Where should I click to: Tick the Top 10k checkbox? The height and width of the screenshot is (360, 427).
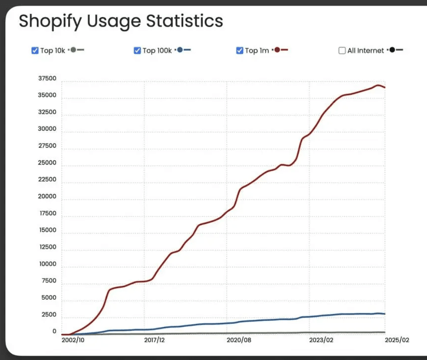point(35,50)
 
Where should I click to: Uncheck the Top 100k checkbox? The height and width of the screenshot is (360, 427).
point(137,50)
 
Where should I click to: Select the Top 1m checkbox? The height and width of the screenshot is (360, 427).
point(240,50)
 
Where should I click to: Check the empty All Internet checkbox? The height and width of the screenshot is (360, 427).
point(342,50)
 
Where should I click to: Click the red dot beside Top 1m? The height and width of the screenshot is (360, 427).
point(277,50)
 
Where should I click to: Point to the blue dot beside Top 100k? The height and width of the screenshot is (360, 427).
point(180,50)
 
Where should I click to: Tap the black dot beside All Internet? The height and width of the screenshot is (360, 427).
point(392,50)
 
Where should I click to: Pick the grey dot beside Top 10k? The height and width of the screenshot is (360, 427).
point(73,50)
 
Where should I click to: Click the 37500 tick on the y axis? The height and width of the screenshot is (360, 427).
point(47,79)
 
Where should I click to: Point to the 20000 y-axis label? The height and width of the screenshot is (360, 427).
point(47,196)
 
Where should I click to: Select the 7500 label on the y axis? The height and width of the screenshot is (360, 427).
point(49,281)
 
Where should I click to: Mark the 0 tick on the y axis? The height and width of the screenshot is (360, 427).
point(54,332)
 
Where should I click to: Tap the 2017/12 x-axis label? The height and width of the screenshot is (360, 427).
point(154,340)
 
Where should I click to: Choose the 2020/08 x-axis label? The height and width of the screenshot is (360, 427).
point(238,340)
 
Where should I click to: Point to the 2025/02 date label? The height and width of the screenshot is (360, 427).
point(397,340)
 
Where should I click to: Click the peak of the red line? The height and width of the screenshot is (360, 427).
point(378,85)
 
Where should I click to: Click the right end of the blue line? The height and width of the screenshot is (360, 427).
point(384,314)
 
